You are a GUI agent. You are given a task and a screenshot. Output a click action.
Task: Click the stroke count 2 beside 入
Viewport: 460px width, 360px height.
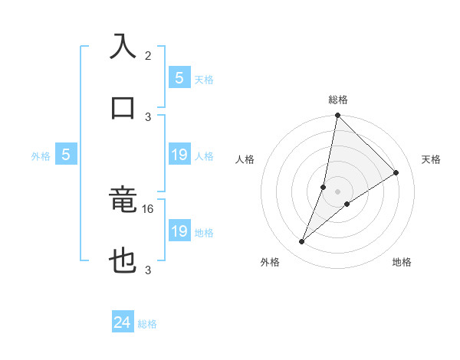tap(148, 56)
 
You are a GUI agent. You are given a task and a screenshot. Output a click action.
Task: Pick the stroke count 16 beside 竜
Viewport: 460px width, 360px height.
tap(149, 208)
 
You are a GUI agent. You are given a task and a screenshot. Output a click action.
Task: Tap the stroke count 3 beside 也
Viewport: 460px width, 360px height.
tap(148, 270)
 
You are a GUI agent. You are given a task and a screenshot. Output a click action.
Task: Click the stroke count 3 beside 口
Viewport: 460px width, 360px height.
tap(148, 116)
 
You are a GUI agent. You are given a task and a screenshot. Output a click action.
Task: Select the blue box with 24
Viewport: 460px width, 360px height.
tap(123, 322)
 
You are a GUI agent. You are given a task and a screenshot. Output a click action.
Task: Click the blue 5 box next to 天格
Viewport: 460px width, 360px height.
tap(179, 77)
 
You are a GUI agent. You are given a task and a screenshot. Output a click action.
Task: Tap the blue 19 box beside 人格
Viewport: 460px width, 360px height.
tap(179, 155)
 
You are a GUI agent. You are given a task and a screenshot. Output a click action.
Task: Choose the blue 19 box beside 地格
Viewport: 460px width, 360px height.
tap(179, 231)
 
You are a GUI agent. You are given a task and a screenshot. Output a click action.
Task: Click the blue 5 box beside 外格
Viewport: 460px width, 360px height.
tap(66, 155)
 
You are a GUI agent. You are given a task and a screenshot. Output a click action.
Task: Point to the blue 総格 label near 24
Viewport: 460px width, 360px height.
tap(147, 324)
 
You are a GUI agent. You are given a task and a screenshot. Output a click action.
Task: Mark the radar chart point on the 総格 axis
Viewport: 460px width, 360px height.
tap(337, 116)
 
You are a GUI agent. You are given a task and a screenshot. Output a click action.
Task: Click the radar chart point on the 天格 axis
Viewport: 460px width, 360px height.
tap(396, 173)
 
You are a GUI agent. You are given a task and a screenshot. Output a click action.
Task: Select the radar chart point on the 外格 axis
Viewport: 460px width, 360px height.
tap(302, 242)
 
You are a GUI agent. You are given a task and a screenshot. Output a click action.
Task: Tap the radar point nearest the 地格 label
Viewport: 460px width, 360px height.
tap(347, 204)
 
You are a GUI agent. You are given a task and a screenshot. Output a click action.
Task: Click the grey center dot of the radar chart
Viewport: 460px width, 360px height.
tap(337, 191)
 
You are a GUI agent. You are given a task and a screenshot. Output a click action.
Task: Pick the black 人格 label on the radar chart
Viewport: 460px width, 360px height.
tap(245, 159)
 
